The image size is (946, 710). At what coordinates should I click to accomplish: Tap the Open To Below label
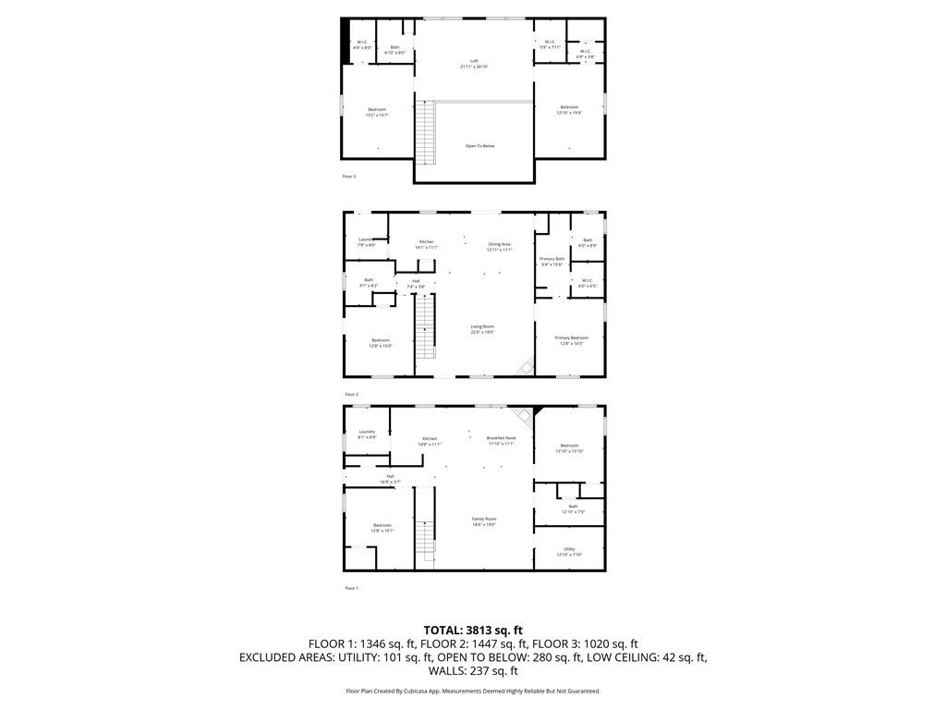(479, 146)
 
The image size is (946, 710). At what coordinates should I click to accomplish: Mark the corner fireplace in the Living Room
(525, 367)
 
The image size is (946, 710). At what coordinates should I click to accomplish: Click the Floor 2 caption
(350, 394)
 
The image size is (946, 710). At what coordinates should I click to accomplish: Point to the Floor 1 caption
(351, 588)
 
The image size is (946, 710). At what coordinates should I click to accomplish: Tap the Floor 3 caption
(348, 176)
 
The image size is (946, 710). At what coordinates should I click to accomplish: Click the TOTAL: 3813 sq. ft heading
(473, 630)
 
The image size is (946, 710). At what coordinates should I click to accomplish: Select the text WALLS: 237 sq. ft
(473, 672)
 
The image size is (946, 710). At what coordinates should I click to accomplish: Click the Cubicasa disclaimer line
(473, 691)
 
